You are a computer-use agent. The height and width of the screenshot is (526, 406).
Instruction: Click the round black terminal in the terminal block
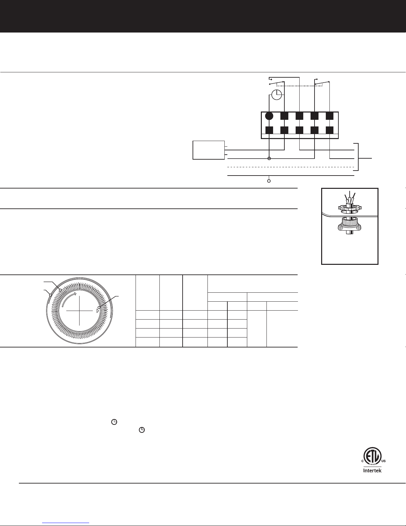(269, 116)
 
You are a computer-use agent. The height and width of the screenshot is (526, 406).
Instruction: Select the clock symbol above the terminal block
(276, 95)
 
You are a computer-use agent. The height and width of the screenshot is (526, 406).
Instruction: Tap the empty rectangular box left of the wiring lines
(208, 150)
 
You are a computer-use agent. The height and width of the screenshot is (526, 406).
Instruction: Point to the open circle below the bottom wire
(269, 181)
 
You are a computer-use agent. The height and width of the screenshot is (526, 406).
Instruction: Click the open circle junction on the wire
(269, 159)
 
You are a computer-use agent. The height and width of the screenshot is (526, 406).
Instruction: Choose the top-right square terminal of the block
(329, 116)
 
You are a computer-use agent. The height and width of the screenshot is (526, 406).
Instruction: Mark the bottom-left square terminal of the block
(269, 130)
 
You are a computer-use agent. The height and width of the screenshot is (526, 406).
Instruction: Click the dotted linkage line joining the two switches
(298, 85)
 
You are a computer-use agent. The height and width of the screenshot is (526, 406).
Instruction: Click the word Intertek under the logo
(372, 471)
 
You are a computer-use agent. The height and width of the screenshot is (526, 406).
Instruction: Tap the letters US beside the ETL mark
(383, 461)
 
